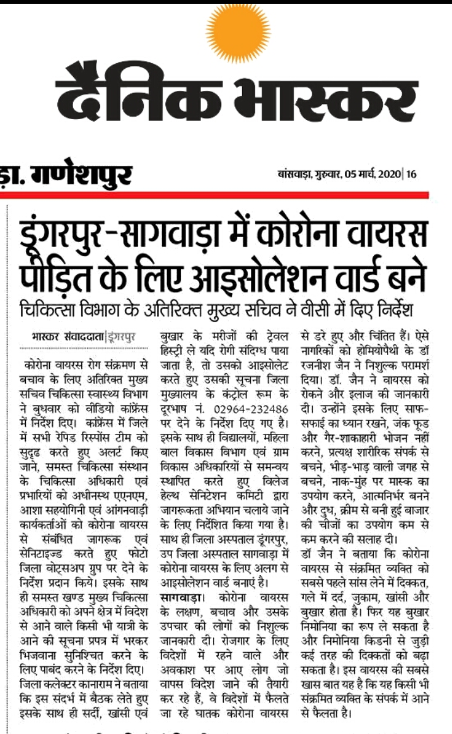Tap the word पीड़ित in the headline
[x=59, y=278]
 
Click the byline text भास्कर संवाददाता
[x=67, y=336]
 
